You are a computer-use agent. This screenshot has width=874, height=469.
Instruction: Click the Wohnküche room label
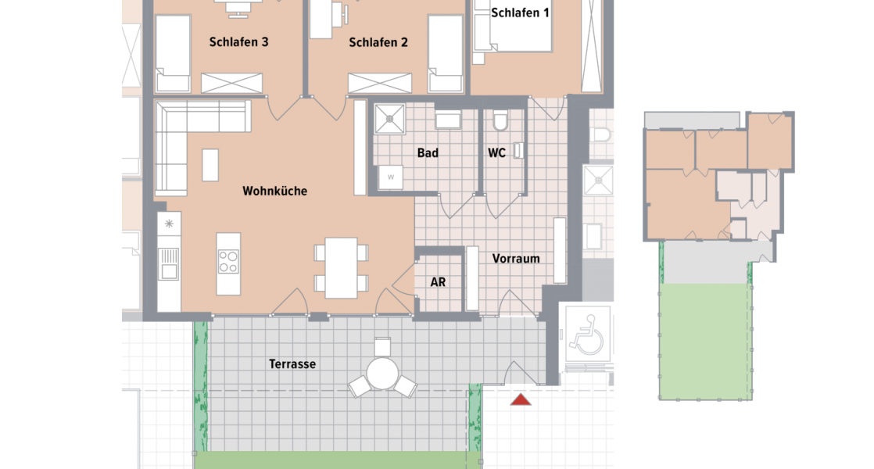click(274, 191)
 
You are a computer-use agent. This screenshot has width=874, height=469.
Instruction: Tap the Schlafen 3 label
click(239, 42)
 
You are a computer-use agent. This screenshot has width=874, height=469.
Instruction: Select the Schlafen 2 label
click(378, 42)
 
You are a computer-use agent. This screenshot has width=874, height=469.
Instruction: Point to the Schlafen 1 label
click(520, 13)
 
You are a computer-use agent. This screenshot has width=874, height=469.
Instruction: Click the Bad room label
click(427, 153)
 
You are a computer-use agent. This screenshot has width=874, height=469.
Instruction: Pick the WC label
click(496, 153)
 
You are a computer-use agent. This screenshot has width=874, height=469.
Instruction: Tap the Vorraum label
click(516, 259)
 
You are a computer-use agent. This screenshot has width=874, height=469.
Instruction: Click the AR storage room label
click(438, 282)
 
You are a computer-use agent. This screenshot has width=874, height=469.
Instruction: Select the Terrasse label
click(292, 364)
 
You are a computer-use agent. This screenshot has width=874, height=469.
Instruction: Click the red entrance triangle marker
click(520, 400)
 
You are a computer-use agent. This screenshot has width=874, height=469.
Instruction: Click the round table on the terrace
click(383, 374)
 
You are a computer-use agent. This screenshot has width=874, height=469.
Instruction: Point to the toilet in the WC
click(500, 120)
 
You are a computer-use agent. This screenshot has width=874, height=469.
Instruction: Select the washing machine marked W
click(390, 178)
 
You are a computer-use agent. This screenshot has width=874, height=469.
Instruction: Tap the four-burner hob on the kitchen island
click(227, 261)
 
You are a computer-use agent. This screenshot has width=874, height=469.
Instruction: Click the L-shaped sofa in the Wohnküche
click(188, 141)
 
